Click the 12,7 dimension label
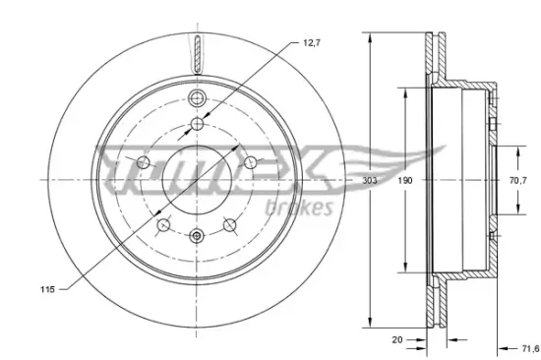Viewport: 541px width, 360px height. pyautogui.click(x=313, y=43)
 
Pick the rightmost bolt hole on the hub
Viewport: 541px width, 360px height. pyautogui.click(x=253, y=164)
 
